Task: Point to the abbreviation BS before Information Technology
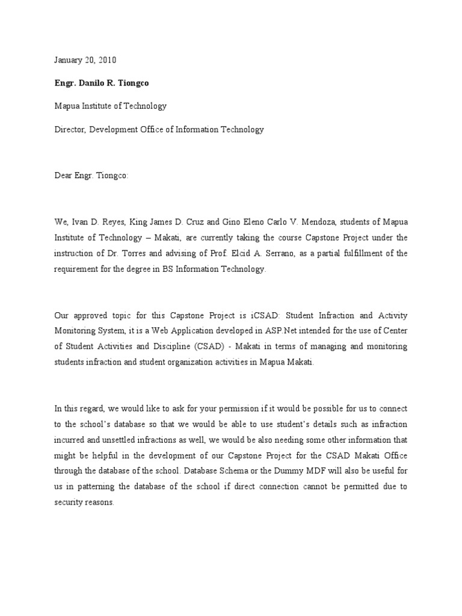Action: click(166, 269)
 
